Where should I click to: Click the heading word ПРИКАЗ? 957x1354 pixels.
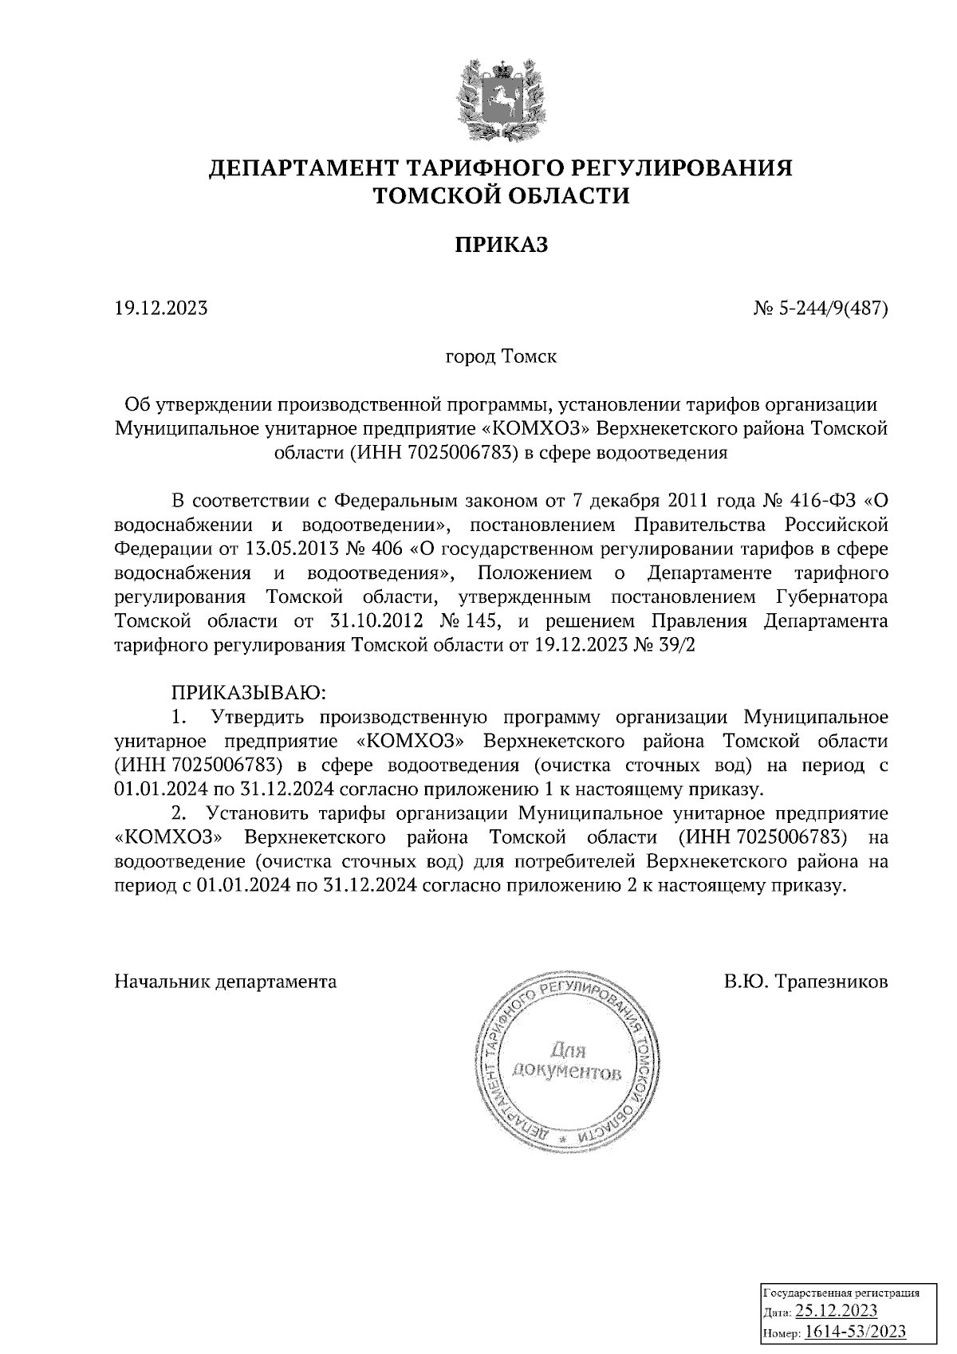(502, 246)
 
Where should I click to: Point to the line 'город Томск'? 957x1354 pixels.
(501, 356)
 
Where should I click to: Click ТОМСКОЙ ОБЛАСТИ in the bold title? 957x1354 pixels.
(502, 195)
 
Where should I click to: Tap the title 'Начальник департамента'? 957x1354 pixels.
(226, 982)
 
